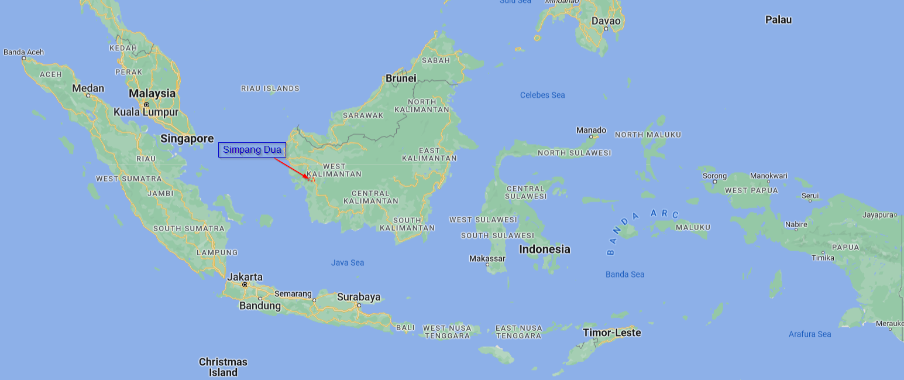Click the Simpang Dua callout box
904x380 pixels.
click(x=252, y=150)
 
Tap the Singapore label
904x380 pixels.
click(x=187, y=139)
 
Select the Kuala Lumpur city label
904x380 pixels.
click(x=146, y=112)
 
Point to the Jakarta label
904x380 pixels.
click(x=245, y=277)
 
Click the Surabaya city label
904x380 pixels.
click(x=359, y=297)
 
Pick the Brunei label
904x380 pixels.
click(x=401, y=78)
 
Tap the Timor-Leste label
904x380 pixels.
click(x=612, y=333)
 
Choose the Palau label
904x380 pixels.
click(x=778, y=20)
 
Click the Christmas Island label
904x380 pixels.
click(x=223, y=367)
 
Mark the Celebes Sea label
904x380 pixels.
click(x=542, y=95)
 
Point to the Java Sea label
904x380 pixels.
click(x=348, y=262)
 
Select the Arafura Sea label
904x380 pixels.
click(x=810, y=334)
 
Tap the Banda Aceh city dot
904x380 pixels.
click(x=24, y=58)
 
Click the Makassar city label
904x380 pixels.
click(x=487, y=258)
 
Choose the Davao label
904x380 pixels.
click(x=606, y=21)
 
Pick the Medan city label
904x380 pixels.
click(x=88, y=88)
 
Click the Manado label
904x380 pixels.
click(x=592, y=130)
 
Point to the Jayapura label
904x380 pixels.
click(x=878, y=215)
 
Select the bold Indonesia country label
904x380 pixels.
click(x=545, y=249)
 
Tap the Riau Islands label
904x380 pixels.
click(x=270, y=88)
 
